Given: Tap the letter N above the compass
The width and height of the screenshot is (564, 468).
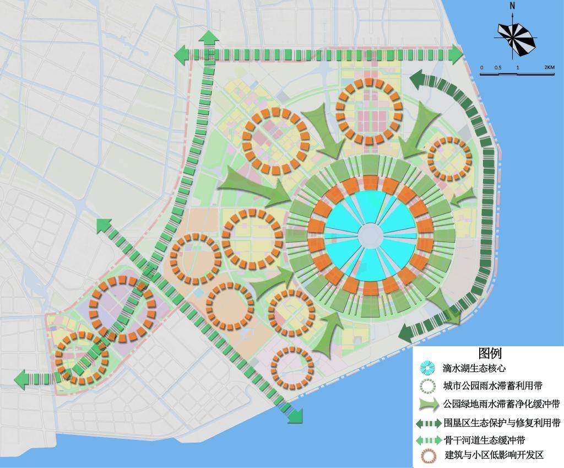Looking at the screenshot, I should [x=512, y=6].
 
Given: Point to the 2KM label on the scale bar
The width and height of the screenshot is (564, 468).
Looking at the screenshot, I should [x=549, y=67].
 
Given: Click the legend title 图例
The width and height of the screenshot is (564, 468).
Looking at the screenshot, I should [x=490, y=353].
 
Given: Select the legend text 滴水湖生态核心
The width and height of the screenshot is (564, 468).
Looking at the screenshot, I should [x=474, y=368].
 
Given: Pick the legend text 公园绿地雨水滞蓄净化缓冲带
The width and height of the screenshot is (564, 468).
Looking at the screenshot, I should [x=501, y=404].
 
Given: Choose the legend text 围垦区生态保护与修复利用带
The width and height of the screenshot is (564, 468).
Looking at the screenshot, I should [x=502, y=423].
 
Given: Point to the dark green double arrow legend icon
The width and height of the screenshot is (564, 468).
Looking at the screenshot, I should [x=428, y=423].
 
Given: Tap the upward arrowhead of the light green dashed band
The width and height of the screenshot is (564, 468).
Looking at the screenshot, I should [x=209, y=39].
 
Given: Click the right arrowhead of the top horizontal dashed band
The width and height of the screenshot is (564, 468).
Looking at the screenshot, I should [x=456, y=54].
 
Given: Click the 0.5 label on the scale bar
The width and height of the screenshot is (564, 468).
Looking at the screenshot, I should [x=497, y=67].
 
